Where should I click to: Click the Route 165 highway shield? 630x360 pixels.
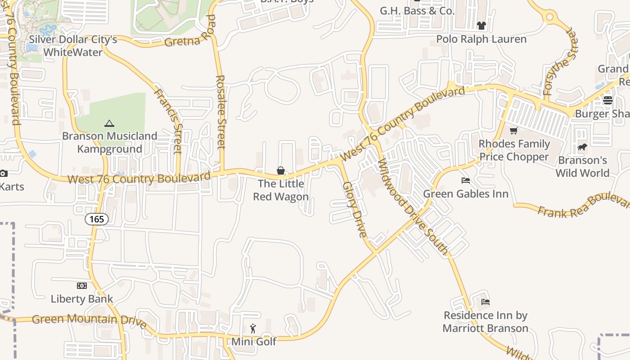(96, 219)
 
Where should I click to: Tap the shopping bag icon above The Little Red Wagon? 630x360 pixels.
(281, 171)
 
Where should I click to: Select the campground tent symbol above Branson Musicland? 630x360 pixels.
(109, 123)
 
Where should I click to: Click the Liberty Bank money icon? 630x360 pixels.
(81, 286)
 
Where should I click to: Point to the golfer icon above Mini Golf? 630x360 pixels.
(253, 328)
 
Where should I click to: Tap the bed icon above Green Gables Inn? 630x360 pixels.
(466, 180)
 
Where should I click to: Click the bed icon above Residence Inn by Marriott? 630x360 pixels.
(486, 302)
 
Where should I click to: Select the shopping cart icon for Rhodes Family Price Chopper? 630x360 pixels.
(513, 131)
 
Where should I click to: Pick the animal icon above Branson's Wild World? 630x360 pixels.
(582, 147)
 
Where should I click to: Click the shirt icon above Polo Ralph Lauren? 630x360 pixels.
(481, 26)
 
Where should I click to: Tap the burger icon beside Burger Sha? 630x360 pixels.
(608, 100)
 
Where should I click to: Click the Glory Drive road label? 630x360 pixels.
(355, 209)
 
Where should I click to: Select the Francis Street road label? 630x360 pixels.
(168, 121)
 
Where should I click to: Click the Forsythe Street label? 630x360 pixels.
(559, 63)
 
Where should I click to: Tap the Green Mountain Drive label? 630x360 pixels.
(89, 320)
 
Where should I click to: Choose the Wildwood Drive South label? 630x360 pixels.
(413, 207)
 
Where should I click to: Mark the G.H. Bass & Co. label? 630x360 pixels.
(417, 11)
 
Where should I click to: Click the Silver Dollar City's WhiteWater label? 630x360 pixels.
(73, 45)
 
